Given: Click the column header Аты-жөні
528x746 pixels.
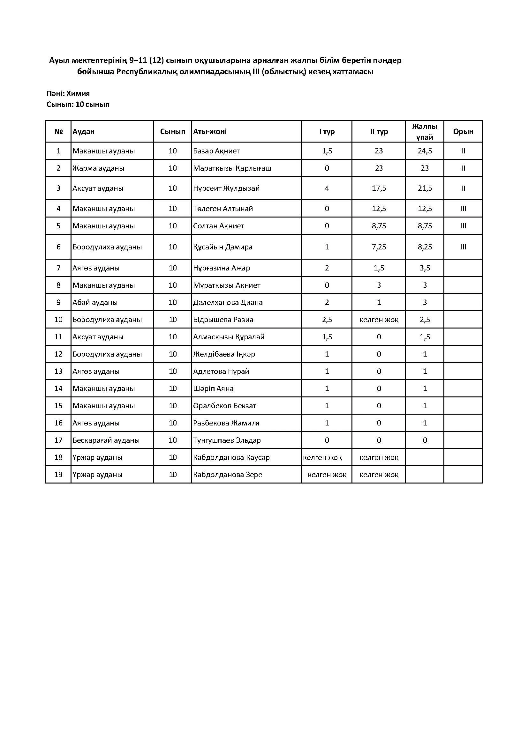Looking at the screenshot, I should click(210, 132).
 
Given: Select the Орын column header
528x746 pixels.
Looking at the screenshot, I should click(463, 132).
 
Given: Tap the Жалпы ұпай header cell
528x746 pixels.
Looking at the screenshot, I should click(425, 132).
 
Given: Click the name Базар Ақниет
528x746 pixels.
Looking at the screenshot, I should click(216, 151).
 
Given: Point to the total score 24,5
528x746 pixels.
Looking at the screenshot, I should click(425, 151).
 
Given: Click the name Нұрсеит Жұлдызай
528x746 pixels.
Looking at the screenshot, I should click(226, 188).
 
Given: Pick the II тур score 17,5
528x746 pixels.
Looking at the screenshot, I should click(379, 188).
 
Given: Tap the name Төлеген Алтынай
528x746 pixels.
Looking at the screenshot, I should click(223, 209).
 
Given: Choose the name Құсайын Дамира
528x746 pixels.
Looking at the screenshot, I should click(223, 247).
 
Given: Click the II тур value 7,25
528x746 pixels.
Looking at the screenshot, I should click(379, 247).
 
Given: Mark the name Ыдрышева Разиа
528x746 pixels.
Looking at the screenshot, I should click(223, 320).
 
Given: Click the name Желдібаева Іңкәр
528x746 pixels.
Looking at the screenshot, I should click(224, 354).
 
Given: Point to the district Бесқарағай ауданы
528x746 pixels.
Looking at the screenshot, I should click(106, 440).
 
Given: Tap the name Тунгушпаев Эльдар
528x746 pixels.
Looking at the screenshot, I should click(227, 440).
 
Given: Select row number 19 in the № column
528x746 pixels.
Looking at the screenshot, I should click(58, 475).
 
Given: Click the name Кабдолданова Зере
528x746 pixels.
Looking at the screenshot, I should click(228, 475).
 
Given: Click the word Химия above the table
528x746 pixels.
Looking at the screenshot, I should click(78, 93).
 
